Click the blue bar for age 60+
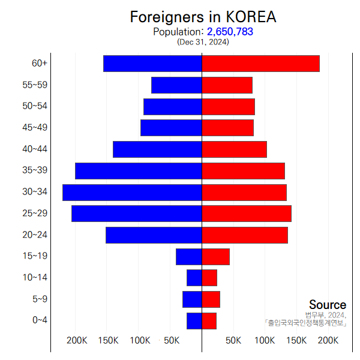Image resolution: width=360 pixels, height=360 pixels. click(x=152, y=64)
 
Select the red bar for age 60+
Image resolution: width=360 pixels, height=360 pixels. click(x=260, y=64)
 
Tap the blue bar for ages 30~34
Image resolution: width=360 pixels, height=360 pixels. click(x=132, y=192)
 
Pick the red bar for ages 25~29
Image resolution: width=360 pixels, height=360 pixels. click(x=247, y=214)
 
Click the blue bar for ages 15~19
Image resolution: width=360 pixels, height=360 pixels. click(x=188, y=257)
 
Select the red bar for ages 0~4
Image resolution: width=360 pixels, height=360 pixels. click(x=209, y=321)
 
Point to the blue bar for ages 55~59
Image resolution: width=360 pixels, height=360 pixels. click(x=176, y=85)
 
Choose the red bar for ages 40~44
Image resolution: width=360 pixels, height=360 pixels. click(x=234, y=149)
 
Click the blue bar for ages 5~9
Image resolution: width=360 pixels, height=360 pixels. click(x=192, y=299)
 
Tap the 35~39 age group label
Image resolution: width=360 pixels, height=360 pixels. click(x=35, y=170)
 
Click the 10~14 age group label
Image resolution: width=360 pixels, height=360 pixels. click(x=35, y=277)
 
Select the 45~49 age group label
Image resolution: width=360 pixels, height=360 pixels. click(x=35, y=128)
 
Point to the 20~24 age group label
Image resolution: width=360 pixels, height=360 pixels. click(x=35, y=235)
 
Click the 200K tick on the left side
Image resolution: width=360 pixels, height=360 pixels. click(x=77, y=341)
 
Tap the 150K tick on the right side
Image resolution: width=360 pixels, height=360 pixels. click(x=296, y=341)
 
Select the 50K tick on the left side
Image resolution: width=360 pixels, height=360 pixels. click(x=171, y=341)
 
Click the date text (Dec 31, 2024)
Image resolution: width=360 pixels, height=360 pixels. click(x=203, y=42)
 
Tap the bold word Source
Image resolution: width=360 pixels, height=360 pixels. click(x=328, y=305)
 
